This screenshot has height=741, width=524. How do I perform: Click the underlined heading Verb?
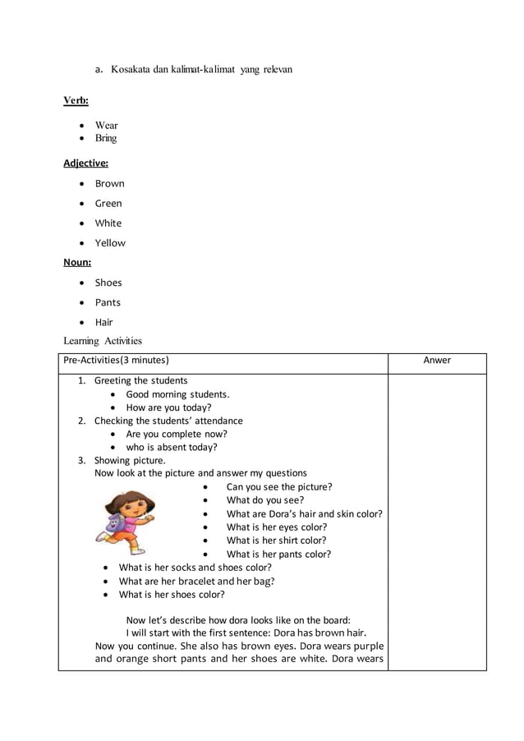pos(76,100)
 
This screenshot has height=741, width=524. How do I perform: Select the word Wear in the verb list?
pos(106,126)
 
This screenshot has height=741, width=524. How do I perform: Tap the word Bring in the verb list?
pos(105,138)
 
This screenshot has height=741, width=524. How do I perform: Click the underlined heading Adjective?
pos(85,163)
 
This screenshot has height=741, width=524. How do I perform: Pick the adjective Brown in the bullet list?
pos(109,183)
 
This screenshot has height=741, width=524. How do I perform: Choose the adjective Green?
pos(108,203)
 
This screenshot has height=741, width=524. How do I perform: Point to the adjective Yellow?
pos(110,242)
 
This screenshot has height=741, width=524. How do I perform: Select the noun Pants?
pos(107,302)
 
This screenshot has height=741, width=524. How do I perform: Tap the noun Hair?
pos(103,322)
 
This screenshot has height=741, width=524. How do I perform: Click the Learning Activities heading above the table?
pos(103,341)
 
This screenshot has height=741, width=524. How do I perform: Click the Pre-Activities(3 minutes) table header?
pos(116,360)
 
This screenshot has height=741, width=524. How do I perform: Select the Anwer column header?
pos(436,360)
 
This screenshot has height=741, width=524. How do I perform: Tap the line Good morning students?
pos(177,394)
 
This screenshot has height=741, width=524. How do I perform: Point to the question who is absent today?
pos(171,447)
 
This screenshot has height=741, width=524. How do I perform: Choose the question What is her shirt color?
pos(276,540)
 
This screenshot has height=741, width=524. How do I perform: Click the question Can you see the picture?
pos(279,486)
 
